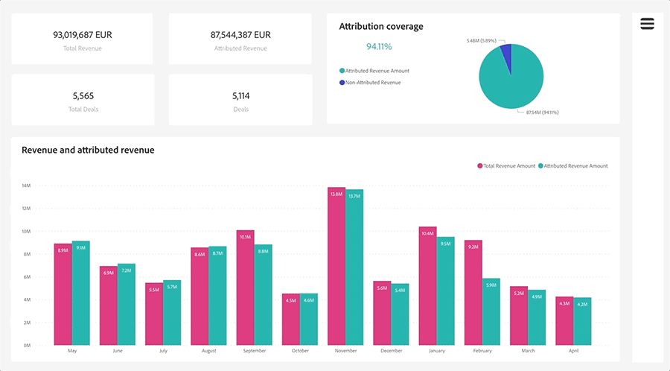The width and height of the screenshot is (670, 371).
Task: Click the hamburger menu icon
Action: [647, 24]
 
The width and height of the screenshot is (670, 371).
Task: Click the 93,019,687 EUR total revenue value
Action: [83, 34]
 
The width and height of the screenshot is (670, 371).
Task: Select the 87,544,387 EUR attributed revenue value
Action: [240, 34]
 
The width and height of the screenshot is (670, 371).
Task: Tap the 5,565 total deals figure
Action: [83, 95]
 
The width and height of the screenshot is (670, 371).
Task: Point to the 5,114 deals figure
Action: [240, 95]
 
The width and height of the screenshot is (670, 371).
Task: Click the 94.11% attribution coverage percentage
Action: [379, 46]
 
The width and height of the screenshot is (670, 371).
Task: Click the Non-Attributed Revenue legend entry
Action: [372, 83]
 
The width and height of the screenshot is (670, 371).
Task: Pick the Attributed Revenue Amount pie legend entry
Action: [377, 71]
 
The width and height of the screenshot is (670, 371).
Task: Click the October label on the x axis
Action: [300, 351]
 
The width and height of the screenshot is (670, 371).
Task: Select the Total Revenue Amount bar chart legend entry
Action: [506, 166]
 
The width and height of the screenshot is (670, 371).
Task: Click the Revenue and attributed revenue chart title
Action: [88, 150]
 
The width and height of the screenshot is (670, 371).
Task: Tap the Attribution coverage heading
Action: [381, 26]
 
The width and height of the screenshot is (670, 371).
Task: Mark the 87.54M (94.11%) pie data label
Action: [542, 112]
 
